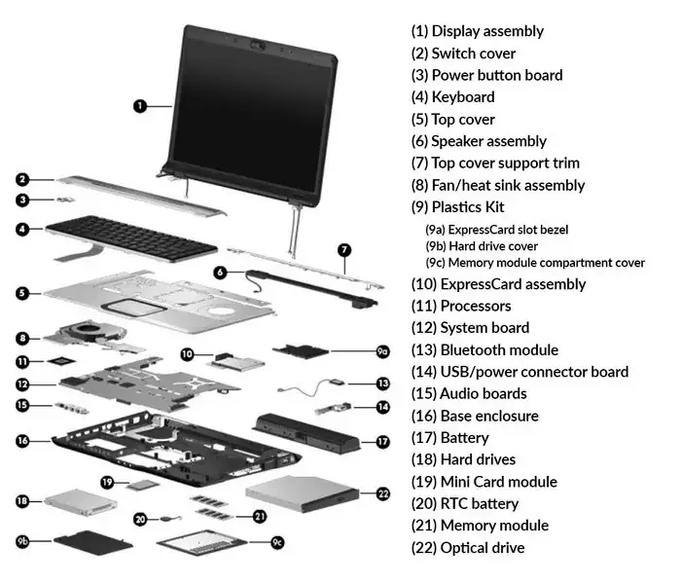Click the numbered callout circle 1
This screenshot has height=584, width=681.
140,105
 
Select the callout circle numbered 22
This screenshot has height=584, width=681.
382,493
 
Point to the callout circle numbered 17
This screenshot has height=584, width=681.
382,441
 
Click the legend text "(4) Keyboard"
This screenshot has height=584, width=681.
452,97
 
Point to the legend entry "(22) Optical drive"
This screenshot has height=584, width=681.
468,548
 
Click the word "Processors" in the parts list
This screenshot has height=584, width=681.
476,307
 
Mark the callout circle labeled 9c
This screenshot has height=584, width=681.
277,542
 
